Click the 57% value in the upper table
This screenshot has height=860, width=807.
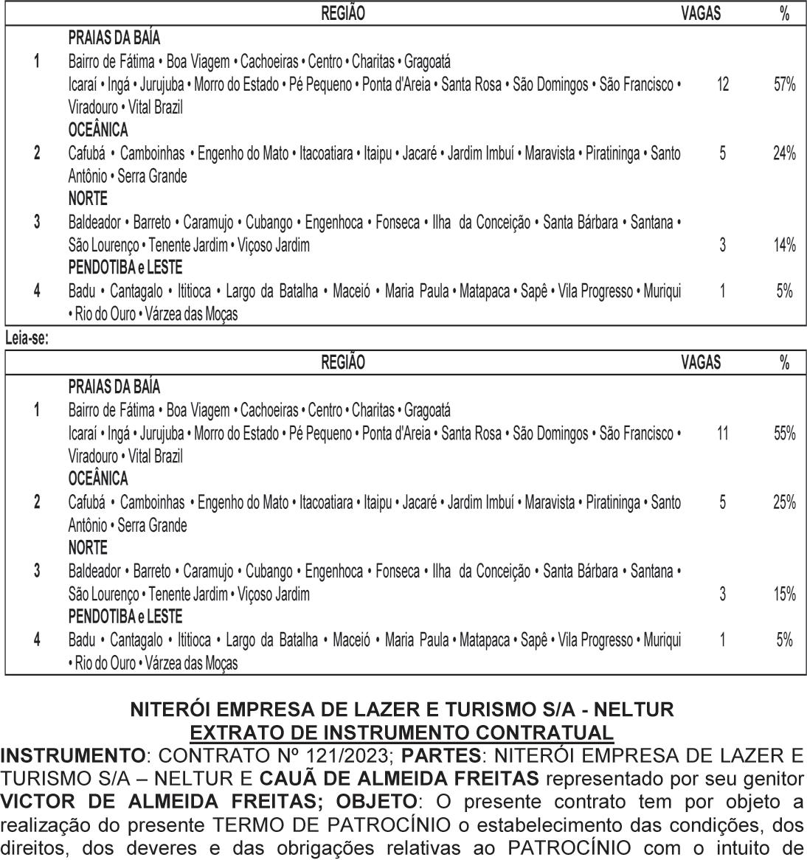click(784, 85)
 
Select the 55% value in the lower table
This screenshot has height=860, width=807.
click(784, 434)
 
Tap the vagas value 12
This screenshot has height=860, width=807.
click(722, 85)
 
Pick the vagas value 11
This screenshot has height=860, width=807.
click(722, 434)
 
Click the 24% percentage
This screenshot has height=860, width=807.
click(784, 153)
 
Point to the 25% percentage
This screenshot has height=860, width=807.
click(784, 502)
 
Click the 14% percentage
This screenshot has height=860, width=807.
click(784, 246)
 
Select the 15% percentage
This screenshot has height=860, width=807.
click(784, 594)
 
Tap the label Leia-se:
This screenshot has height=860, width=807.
click(25, 339)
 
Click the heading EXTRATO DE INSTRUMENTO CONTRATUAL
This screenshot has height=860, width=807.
click(402, 732)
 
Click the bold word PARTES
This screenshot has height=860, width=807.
click(441, 755)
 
